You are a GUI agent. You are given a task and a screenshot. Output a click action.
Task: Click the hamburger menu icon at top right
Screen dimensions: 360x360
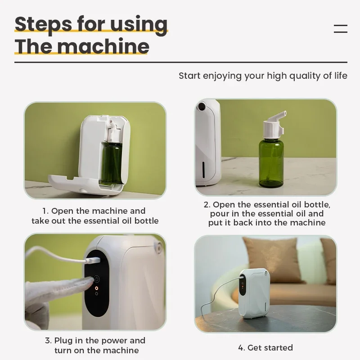341,29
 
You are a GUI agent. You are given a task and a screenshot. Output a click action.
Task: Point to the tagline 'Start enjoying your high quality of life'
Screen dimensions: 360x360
263,76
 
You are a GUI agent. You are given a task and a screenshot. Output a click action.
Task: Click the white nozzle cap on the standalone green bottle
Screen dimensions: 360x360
274,126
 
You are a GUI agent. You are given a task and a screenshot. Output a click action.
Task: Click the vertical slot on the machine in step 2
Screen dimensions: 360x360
203,170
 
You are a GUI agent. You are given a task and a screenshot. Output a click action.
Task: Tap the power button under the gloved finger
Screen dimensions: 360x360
96,279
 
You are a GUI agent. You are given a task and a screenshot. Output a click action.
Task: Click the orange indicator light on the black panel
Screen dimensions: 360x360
96,288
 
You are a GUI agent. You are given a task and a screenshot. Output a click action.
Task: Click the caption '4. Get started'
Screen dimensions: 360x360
265,347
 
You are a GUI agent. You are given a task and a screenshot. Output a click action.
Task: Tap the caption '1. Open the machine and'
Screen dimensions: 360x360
94,211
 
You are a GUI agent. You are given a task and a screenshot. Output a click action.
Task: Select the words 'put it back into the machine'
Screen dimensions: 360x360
267,223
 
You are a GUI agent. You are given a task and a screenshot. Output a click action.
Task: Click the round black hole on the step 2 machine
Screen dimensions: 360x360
201,106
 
